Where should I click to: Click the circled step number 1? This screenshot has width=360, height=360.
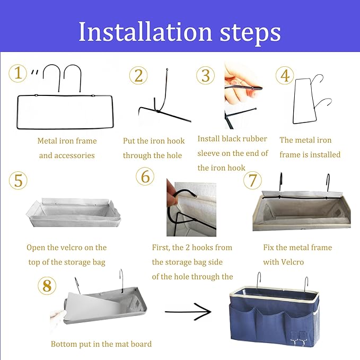point(18,73)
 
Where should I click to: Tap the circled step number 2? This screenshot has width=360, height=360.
point(138,75)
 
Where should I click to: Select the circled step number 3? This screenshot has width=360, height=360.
point(206,75)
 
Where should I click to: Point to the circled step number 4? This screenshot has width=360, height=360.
point(285,75)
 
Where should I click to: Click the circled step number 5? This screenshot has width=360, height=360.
point(18,180)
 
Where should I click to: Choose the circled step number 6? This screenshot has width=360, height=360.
point(145,177)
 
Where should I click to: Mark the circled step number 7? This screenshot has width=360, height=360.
point(252,180)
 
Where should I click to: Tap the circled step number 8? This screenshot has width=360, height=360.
point(47,286)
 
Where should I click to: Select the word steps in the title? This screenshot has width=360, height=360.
point(250,33)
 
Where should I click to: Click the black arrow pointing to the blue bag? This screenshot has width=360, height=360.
point(188,312)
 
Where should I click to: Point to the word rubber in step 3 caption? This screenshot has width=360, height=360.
point(254,139)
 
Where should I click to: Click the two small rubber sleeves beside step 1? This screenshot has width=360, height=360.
point(34,72)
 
